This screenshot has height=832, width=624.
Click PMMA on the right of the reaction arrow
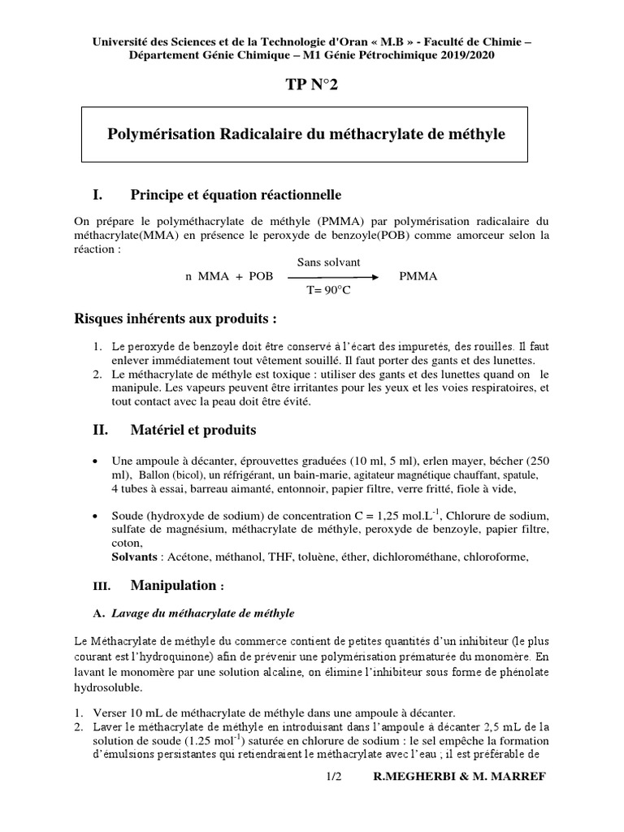[x=418, y=277]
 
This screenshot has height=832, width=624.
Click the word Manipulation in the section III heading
[x=173, y=585]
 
